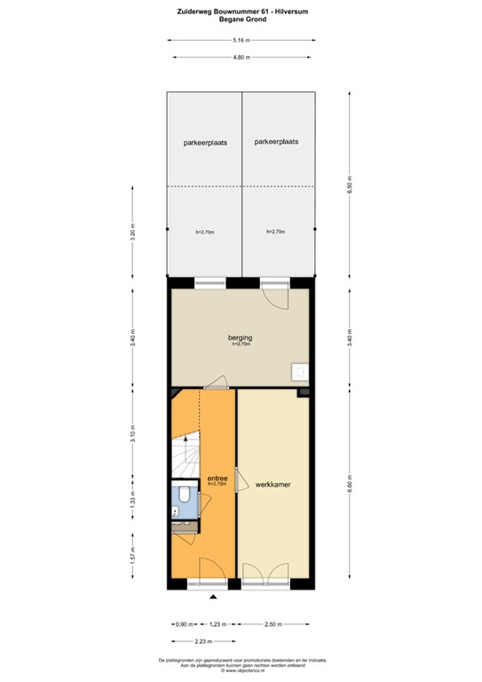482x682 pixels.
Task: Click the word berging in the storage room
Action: click(x=241, y=337)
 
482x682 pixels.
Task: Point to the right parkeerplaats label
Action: click(x=276, y=141)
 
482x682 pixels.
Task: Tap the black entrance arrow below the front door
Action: click(x=212, y=598)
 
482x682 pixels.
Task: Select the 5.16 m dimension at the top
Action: click(x=241, y=41)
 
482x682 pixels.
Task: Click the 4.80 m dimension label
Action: click(x=241, y=57)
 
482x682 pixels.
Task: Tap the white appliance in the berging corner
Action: click(x=301, y=372)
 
